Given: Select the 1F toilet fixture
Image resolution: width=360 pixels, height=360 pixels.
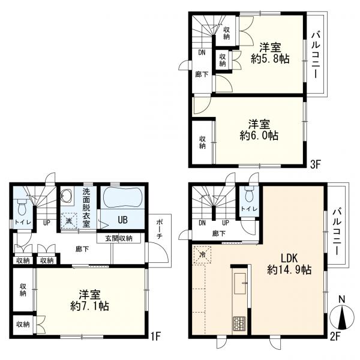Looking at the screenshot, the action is [22, 207].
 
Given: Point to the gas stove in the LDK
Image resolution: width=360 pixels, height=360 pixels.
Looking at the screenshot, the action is [239, 323].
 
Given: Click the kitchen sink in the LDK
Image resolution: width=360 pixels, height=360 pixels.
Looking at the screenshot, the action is [240, 283].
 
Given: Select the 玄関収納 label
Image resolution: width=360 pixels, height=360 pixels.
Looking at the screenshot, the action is [119, 238].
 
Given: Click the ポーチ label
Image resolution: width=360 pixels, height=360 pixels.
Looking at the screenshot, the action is [160, 230].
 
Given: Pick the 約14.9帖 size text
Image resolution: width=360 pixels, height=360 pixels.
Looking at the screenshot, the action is [289, 270].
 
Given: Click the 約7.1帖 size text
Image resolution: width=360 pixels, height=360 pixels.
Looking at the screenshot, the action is [89, 307].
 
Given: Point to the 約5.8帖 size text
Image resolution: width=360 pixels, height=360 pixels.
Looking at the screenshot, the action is [270, 59].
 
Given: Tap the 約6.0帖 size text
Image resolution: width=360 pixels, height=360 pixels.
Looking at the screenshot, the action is [259, 136].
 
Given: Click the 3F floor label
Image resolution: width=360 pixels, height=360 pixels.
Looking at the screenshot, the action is [315, 164].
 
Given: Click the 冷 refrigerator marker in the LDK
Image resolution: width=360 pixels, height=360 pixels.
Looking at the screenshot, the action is [203, 254].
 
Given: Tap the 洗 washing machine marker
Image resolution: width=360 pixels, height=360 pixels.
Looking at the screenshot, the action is [69, 221].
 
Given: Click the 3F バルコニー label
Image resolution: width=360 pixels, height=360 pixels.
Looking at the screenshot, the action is [316, 55].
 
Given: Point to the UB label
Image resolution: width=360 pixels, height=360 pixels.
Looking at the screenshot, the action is [122, 220].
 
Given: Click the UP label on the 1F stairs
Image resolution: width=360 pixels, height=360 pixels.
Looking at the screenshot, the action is [46, 223].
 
